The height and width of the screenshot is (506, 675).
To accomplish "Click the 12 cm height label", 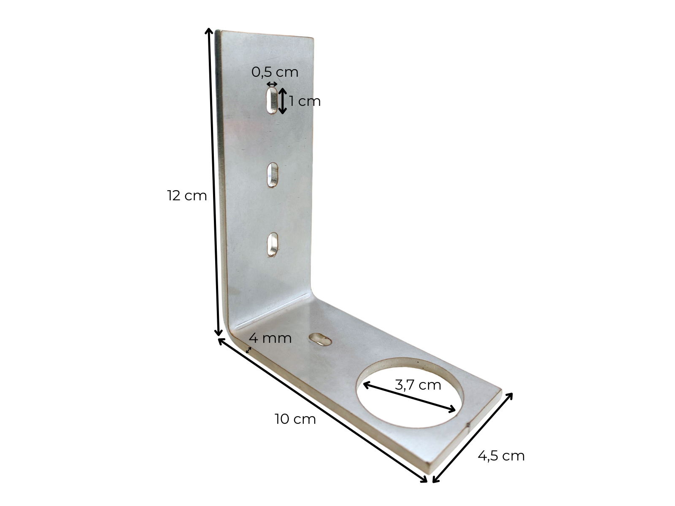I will click(187, 196).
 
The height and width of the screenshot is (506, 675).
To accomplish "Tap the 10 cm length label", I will click(295, 419).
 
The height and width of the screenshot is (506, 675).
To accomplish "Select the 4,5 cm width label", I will click(501, 456).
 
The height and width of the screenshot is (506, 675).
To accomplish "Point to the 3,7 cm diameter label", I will click(418, 385).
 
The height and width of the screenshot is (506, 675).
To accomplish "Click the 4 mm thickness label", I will click(270, 338).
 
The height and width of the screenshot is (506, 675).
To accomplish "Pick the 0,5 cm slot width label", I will click(275, 72).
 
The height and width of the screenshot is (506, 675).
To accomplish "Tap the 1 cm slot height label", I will click(305, 101).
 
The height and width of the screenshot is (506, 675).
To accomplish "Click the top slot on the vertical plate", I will click(272, 101).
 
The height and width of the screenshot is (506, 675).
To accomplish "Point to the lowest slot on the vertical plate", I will click(273, 245).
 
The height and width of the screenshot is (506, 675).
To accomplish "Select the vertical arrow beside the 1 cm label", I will click(283, 101).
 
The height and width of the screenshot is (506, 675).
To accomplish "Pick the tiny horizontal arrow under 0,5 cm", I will click(272, 84).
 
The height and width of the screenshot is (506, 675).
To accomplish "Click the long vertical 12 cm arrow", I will click(213, 181).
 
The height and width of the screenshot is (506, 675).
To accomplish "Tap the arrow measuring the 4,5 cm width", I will click(472, 437).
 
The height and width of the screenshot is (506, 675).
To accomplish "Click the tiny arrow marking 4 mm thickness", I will click(249, 350).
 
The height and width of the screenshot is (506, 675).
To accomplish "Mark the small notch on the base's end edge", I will click(469, 427).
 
